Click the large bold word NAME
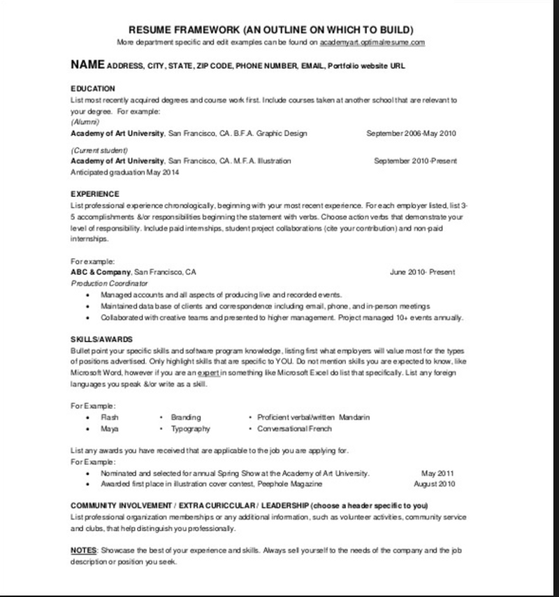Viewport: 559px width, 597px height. coord(87,65)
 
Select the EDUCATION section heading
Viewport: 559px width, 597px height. coord(93,89)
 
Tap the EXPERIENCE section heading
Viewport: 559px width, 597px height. coord(95,194)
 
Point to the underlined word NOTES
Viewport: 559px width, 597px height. coord(83,551)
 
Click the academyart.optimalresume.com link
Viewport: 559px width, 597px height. coord(372,43)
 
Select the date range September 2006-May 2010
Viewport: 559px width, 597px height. coord(411,133)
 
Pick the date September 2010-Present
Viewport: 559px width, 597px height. coord(415,161)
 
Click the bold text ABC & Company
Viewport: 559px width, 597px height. coord(101,272)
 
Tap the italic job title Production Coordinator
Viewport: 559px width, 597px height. coord(110,283)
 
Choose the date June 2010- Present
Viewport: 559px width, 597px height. coord(422,272)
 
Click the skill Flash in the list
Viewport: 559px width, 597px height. coord(110,417)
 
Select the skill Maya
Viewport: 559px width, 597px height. coord(108,428)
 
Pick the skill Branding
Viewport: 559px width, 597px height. coord(185,417)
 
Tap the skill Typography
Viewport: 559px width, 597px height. coord(190,428)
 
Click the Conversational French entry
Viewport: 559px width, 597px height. coord(294,428)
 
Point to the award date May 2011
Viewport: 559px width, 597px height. coord(438,472)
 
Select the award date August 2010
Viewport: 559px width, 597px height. coord(435,484)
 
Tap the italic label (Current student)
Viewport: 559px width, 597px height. coord(100,150)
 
